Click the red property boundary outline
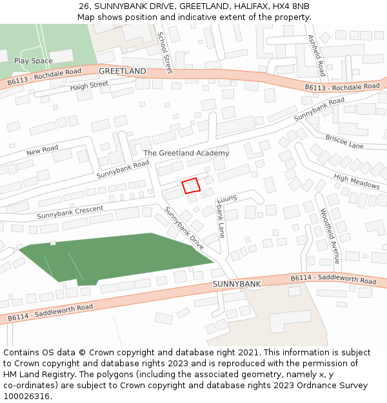(190, 186)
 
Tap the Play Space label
(34, 61)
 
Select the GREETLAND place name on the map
(123, 70)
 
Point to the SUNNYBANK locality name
(236, 284)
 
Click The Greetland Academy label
(186, 153)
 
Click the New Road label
(42, 150)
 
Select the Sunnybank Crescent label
(70, 211)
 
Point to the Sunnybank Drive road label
(184, 228)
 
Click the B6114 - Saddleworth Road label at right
(333, 280)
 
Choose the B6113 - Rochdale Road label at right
(342, 86)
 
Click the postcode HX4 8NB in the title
(290, 6)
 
